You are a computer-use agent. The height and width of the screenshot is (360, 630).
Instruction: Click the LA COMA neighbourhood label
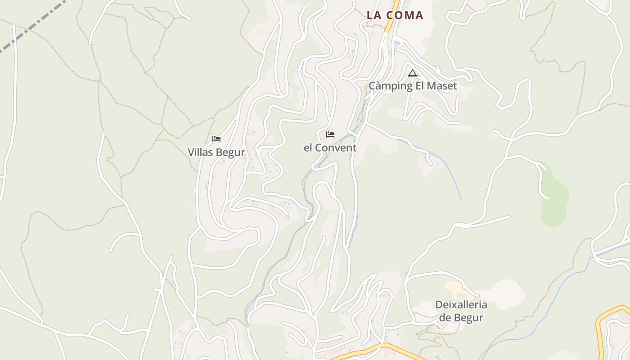tap(395, 15)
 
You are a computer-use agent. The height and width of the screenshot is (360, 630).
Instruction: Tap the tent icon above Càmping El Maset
tap(412, 73)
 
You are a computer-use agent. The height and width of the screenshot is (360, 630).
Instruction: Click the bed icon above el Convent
tap(330, 135)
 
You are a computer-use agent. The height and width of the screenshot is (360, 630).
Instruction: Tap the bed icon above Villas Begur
tap(216, 139)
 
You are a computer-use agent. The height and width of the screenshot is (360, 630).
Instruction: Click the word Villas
tap(200, 153)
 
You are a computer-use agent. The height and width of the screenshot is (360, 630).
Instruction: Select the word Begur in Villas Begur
tap(230, 153)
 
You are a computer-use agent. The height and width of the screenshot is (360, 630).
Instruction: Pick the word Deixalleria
tap(461, 305)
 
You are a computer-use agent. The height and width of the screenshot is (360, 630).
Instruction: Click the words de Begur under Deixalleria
tap(461, 318)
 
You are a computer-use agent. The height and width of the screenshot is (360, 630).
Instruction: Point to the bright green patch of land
tap(555, 198)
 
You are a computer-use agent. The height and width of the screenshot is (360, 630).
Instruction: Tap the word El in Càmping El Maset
tap(419, 86)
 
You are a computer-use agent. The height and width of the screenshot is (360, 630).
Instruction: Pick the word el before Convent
tap(308, 148)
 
